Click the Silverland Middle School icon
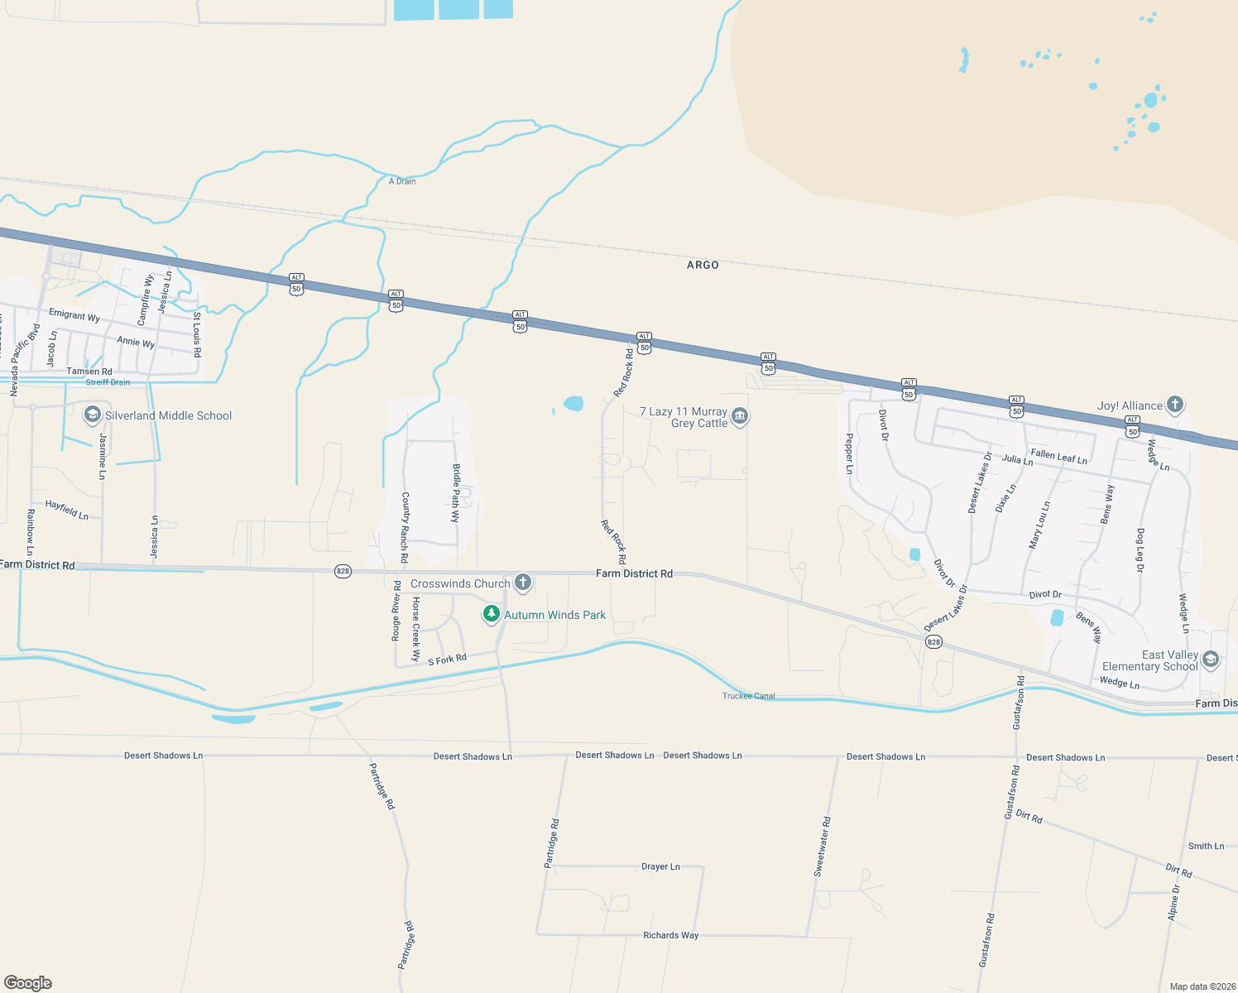click(x=93, y=415)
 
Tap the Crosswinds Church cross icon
click(x=523, y=583)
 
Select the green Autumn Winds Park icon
click(x=492, y=614)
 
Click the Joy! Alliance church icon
click(x=1175, y=405)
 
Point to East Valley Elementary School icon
click(x=1211, y=660)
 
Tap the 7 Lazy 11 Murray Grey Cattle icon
click(x=740, y=416)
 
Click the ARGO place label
click(x=703, y=265)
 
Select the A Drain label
click(x=402, y=181)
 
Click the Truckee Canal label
click(x=749, y=696)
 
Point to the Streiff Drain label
click(x=108, y=382)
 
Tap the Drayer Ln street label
click(x=660, y=866)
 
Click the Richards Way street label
click(x=670, y=935)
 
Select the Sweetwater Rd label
click(x=822, y=847)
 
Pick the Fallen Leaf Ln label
click(x=1058, y=456)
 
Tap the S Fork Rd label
click(x=447, y=660)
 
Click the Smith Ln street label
click(x=1206, y=846)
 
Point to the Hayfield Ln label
click(x=66, y=509)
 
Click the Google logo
click(x=28, y=983)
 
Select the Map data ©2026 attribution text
click(x=1199, y=986)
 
